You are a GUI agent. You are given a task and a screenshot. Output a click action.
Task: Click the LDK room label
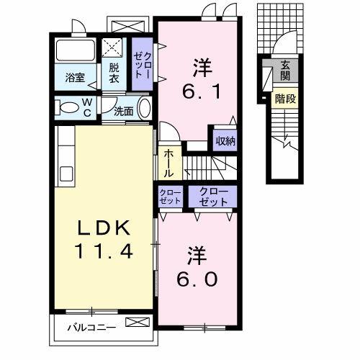102,230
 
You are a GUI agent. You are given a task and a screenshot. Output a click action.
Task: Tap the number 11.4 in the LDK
102,253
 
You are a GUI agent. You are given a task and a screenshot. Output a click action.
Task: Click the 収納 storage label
225,140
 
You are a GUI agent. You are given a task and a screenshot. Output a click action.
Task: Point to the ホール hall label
168,163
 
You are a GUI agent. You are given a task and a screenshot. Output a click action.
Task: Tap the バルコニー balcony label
91,328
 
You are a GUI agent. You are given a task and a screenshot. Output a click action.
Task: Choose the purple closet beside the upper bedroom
142,65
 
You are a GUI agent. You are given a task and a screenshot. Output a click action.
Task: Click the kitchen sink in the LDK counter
65,174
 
